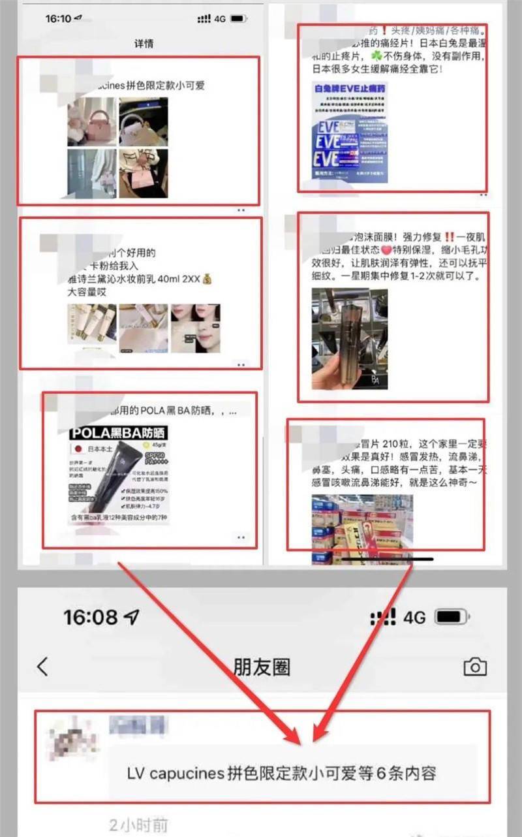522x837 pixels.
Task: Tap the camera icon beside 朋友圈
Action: [x=475, y=667]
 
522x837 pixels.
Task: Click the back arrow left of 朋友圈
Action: [x=43, y=667]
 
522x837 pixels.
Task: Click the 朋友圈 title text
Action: [x=262, y=667]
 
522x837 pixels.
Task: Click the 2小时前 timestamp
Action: [x=138, y=825]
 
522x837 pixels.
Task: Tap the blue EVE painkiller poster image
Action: [x=350, y=132]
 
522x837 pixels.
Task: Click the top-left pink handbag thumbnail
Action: [x=91, y=121]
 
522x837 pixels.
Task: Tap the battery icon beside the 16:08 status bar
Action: [x=451, y=618]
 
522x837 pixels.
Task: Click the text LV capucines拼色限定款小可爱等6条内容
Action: [x=281, y=774]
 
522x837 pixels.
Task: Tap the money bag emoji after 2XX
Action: [x=207, y=279]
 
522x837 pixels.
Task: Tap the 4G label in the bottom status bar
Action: [x=414, y=618]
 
